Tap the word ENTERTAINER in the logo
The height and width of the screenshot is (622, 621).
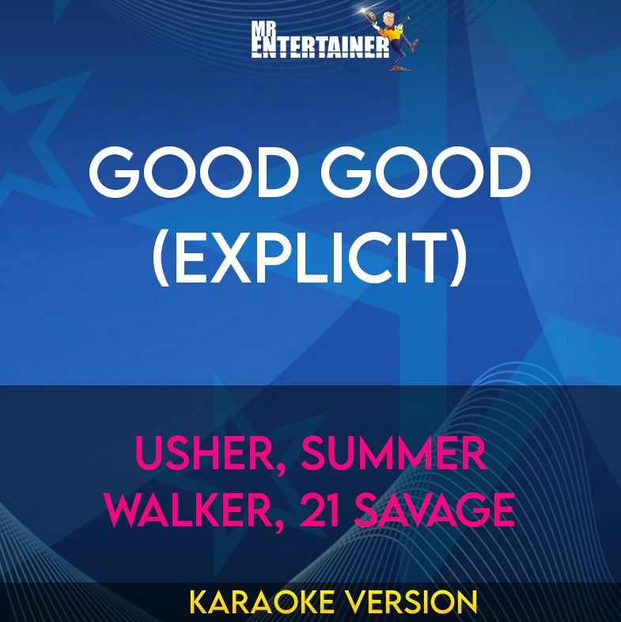point(320,48)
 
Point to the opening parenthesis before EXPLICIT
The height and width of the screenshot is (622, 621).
point(161,259)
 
